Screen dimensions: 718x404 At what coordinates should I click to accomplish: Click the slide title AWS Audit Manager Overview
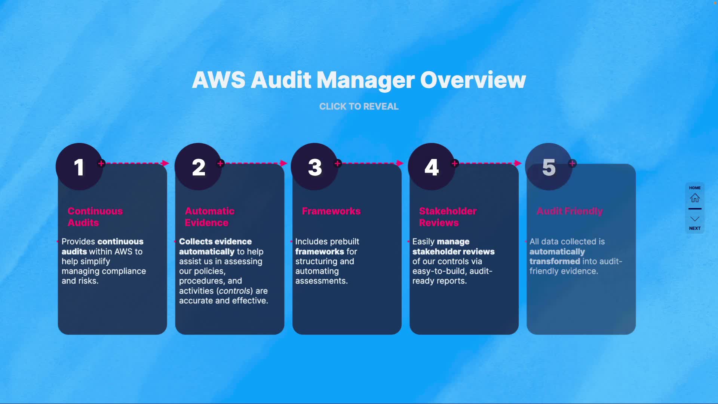[359, 80]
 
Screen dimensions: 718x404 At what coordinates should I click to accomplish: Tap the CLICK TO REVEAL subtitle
[359, 107]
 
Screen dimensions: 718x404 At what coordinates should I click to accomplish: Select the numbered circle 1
[79, 167]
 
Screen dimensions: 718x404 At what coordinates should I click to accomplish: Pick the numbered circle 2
[198, 167]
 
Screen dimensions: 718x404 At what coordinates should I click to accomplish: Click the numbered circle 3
[315, 167]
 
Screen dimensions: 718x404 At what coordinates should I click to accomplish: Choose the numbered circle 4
[432, 167]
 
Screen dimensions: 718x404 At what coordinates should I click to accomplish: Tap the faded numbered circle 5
[549, 167]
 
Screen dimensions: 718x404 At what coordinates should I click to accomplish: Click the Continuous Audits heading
[95, 217]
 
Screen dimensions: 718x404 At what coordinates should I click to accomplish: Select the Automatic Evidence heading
[209, 217]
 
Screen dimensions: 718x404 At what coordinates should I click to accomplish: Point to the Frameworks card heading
[331, 211]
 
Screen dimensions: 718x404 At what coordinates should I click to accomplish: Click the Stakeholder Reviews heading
[448, 217]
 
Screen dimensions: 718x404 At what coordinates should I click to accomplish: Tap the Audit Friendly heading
[570, 211]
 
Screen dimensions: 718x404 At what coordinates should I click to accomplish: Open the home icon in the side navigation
[695, 198]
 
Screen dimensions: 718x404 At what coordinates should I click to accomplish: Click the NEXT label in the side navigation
[695, 228]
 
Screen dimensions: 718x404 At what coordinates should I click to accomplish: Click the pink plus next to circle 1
[101, 163]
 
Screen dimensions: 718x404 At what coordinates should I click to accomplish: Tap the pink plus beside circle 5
[572, 163]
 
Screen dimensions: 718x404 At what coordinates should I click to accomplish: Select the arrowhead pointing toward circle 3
[283, 163]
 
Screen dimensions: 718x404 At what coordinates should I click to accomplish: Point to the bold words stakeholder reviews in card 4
[453, 252]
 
